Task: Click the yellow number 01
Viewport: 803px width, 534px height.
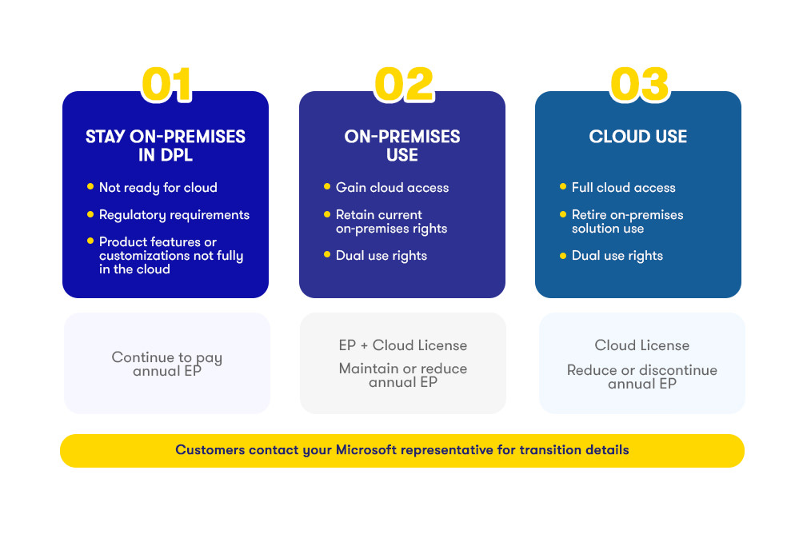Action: [x=166, y=84]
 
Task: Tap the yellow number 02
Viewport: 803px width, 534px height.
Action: [x=404, y=84]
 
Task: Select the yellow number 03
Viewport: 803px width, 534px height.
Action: [x=640, y=84]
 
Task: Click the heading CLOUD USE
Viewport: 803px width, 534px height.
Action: [x=638, y=137]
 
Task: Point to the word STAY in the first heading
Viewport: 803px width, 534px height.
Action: [x=105, y=137]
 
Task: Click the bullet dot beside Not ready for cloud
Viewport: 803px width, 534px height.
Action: [x=90, y=186]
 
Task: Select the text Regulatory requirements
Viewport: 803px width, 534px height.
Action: [x=174, y=215]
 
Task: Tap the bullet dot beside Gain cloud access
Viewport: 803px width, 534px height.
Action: [x=327, y=186]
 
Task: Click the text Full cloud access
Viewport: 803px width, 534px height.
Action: [x=623, y=187]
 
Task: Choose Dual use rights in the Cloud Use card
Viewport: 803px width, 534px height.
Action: [x=617, y=256]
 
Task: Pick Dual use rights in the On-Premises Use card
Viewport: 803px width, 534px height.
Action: [x=381, y=256]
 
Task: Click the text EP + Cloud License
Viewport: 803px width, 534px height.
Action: [x=403, y=345]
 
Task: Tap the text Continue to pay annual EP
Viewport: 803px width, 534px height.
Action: [x=167, y=364]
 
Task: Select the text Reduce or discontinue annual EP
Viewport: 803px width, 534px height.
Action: [x=642, y=377]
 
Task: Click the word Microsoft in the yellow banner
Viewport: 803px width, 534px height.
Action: [x=366, y=449]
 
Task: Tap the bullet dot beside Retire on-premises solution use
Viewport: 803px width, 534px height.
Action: [x=563, y=214]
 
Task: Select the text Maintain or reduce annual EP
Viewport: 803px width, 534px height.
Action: [x=403, y=375]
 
